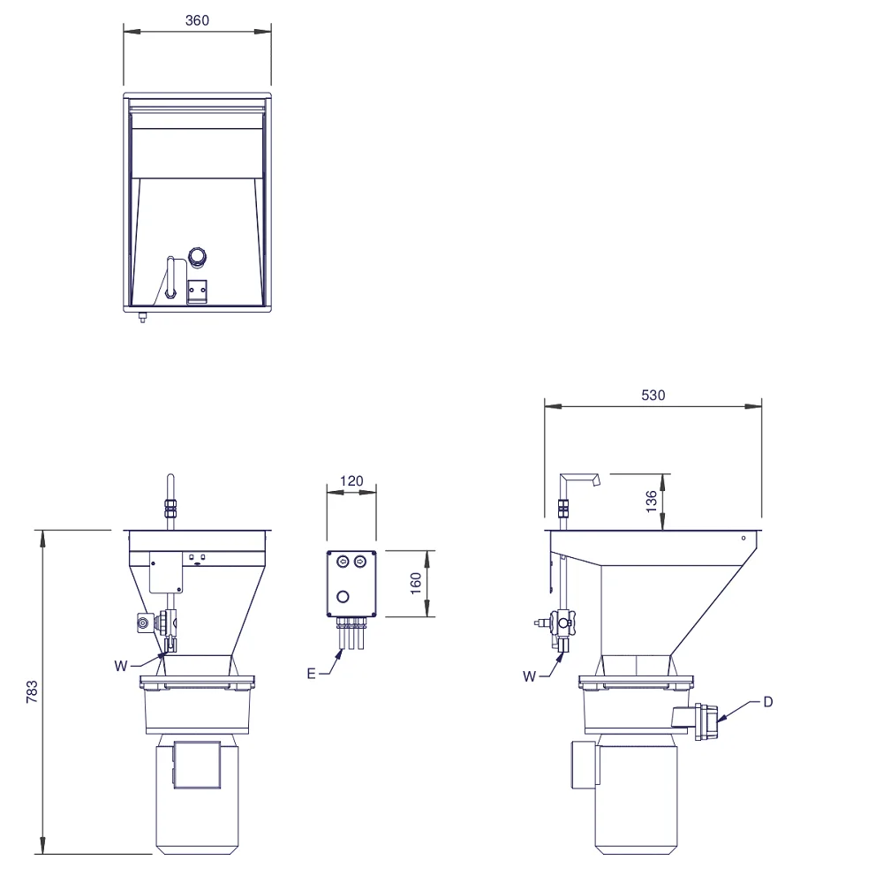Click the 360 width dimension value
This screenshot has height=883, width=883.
(197, 21)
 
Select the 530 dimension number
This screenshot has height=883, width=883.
(653, 396)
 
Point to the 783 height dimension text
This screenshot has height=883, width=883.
(32, 691)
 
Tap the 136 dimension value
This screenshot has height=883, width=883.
(651, 502)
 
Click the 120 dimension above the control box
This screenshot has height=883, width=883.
(351, 481)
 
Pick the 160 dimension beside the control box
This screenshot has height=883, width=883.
(416, 584)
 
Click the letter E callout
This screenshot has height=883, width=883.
(312, 674)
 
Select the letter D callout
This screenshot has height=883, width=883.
(767, 702)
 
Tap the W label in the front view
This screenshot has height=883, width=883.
(120, 666)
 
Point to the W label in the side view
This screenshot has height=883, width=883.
(529, 676)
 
